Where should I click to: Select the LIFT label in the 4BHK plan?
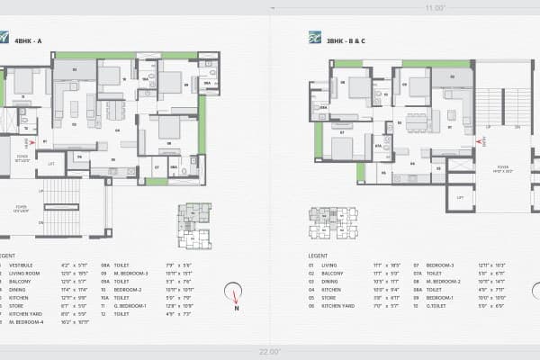tap(51, 164)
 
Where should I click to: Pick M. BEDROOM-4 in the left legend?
tap(28, 320)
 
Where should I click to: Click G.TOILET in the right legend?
tap(441, 305)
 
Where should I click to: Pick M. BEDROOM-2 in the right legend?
tap(447, 281)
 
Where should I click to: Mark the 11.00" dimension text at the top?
tap(435, 7)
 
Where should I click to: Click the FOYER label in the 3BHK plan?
tap(502, 166)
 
